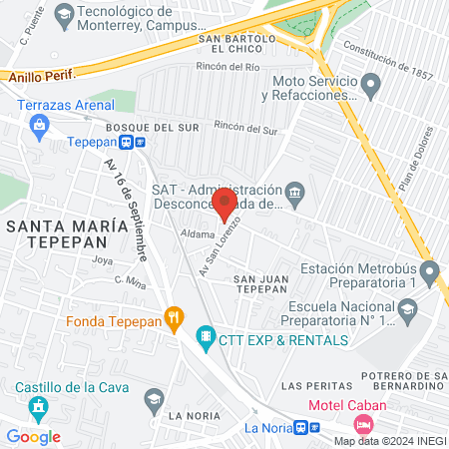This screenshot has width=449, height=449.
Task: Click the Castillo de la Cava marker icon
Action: click(x=39, y=406)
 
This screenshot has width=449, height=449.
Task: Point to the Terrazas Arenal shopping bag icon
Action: click(x=39, y=124)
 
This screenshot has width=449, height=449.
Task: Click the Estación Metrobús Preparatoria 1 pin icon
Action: click(x=429, y=270)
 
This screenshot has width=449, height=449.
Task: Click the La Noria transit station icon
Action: click(x=314, y=427)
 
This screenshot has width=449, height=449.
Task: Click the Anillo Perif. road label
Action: click(x=39, y=75)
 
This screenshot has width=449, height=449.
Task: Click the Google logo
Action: click(x=33, y=436)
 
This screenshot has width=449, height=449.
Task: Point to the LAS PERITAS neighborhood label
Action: click(x=316, y=385)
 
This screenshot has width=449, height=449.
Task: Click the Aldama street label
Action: click(x=197, y=234)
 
